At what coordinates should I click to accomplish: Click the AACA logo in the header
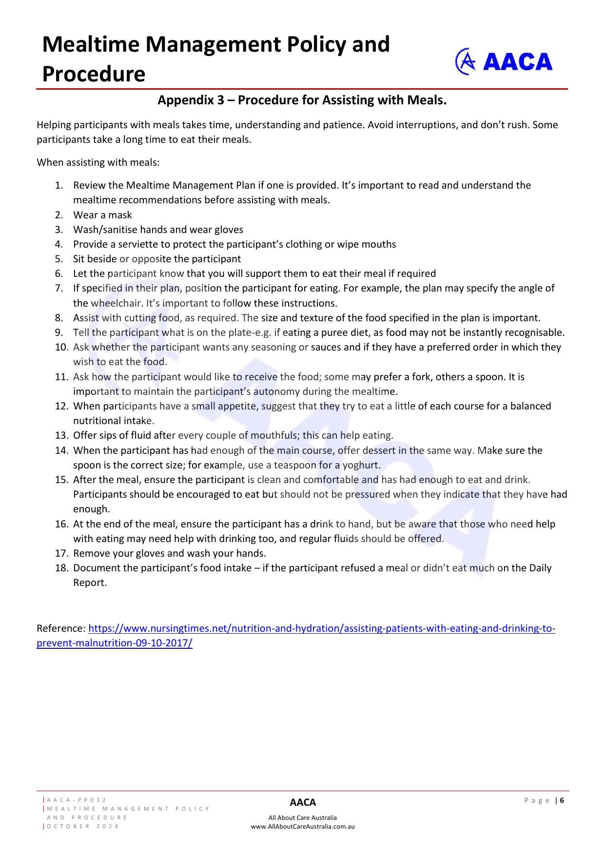click(504, 61)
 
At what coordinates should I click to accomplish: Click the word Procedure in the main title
click(94, 74)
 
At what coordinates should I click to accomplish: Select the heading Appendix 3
click(302, 100)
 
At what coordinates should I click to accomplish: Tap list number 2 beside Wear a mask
click(59, 215)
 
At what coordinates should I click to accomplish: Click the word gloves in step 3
click(229, 230)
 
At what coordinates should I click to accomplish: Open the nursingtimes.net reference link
click(321, 628)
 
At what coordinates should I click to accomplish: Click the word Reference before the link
click(61, 628)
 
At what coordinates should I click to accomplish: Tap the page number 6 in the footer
click(562, 800)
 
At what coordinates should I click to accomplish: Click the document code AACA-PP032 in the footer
click(77, 800)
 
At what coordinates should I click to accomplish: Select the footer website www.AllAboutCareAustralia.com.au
click(303, 827)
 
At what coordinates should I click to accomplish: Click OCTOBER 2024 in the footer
click(83, 826)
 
